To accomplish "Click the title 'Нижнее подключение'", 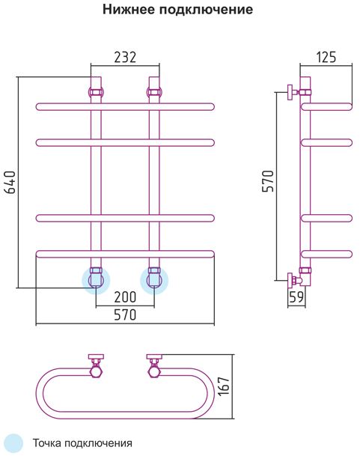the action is coord(177,10).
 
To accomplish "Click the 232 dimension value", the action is coord(125,58).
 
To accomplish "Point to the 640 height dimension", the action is coord(10,182).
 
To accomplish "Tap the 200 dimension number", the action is coord(125,297).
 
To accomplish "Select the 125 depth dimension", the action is coord(326,57).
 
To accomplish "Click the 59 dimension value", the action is coord(296,297).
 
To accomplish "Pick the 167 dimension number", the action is coord(225,386).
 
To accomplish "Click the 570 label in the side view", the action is coord(267,180).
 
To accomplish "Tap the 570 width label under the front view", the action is coord(125,315).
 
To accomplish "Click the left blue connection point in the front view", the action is coord(96,281).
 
